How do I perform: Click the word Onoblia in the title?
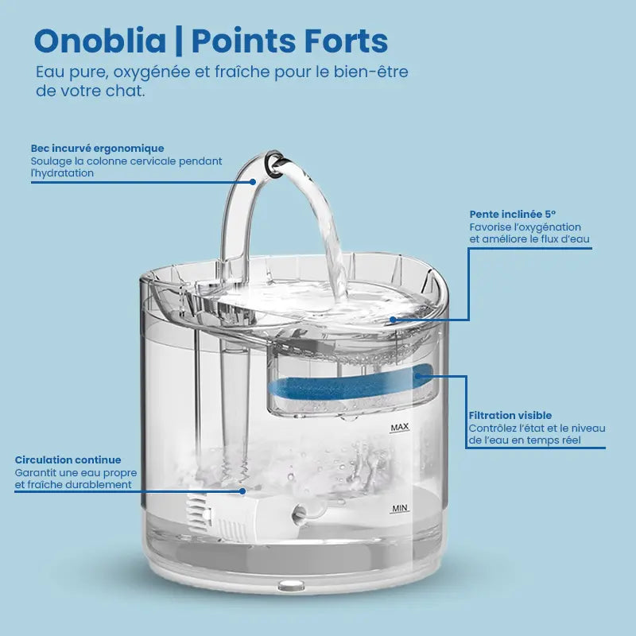point(100,41)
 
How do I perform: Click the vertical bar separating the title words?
point(179,41)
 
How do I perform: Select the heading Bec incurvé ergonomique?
point(97,149)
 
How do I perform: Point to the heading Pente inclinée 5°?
point(513,214)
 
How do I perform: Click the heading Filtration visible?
point(510,415)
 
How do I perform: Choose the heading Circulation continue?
point(68,460)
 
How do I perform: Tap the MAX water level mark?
point(400,427)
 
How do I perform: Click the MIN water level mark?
point(400,508)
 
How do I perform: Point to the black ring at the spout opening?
point(273,164)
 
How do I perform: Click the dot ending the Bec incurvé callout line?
point(253,182)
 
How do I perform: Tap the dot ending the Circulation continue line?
point(242,491)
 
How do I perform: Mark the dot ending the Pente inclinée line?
point(393,320)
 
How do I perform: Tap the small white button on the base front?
point(291,585)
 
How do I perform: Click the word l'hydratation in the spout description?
point(62,173)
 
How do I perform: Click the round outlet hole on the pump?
point(298,514)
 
